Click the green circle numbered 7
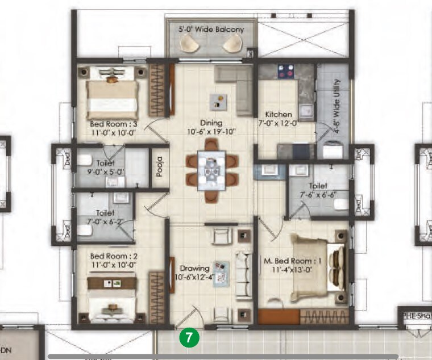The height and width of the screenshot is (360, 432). point(189,337)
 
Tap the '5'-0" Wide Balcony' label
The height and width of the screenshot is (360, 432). point(211,29)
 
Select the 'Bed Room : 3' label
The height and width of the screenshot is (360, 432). point(114,124)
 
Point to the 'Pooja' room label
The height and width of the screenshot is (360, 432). point(160,167)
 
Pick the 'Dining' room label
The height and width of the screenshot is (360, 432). point(211,123)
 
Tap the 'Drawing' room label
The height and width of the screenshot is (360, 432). point(195,268)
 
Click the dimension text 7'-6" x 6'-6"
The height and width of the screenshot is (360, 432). point(318,194)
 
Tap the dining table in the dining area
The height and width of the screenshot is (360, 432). point(211,169)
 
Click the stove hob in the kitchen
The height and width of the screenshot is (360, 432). point(284,72)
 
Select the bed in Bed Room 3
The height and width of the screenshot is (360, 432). point(113,94)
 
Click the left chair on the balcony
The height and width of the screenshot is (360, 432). point(189,44)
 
